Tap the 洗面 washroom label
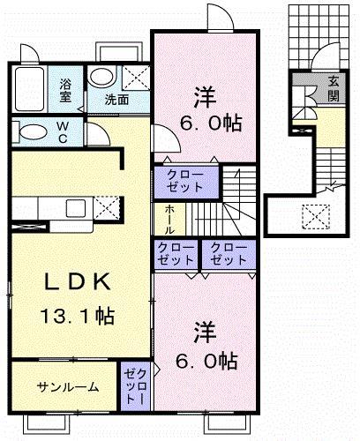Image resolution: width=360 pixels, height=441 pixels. (117, 100)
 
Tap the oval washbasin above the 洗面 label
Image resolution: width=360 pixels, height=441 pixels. (101, 77)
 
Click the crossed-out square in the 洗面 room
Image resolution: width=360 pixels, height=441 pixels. (135, 77)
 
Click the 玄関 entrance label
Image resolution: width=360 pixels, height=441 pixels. (335, 87)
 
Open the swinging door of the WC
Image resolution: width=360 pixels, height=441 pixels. (99, 134)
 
